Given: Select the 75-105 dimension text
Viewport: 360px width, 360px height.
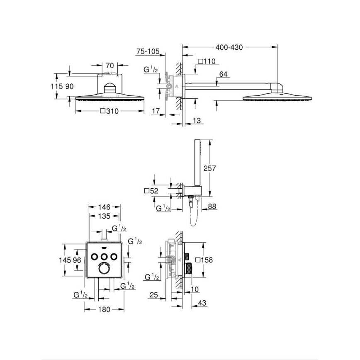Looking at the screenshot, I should point(148,51).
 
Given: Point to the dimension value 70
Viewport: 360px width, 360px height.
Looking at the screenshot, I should point(110,65).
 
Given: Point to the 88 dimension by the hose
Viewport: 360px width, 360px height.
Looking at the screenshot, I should point(212,206).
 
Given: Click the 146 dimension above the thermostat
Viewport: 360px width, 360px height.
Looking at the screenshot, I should point(104,207).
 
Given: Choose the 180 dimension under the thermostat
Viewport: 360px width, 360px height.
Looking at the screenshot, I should point(104,309).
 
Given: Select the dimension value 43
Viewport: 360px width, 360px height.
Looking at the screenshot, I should point(202,303).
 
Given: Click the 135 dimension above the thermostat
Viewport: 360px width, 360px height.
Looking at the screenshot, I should point(104,216).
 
